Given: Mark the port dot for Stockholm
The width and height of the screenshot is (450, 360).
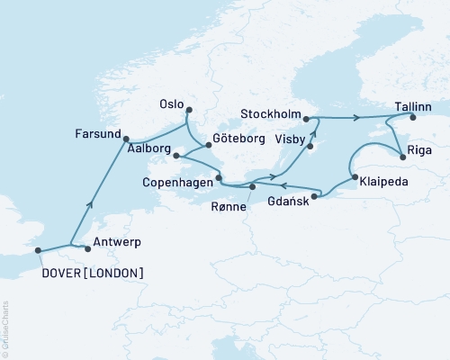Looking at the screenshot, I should tap(306, 118).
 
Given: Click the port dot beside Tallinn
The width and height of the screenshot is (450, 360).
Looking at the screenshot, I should tap(412, 117).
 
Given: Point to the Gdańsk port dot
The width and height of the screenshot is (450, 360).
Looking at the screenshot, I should tap(316, 196).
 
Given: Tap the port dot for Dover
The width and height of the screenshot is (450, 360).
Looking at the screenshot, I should tap(39, 251).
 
